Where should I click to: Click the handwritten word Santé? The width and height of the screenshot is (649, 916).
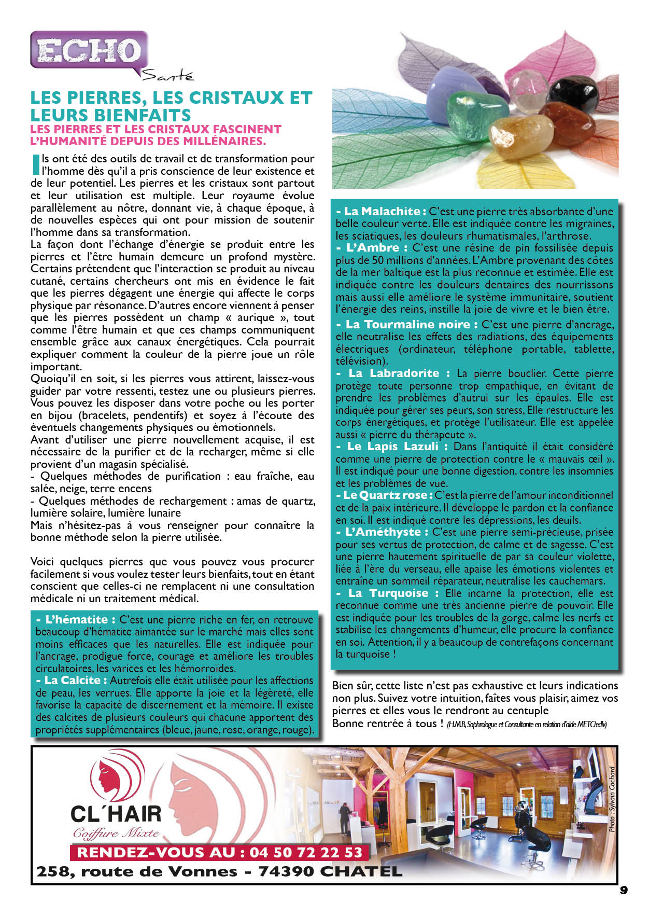pyautogui.click(x=167, y=76)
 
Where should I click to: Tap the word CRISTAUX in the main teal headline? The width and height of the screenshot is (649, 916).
pyautogui.click(x=236, y=98)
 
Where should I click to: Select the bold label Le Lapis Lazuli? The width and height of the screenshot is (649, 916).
pyautogui.click(x=393, y=447)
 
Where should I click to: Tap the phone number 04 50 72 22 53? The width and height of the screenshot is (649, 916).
pyautogui.click(x=306, y=852)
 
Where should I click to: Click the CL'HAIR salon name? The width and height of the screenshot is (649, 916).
pyautogui.click(x=116, y=814)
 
